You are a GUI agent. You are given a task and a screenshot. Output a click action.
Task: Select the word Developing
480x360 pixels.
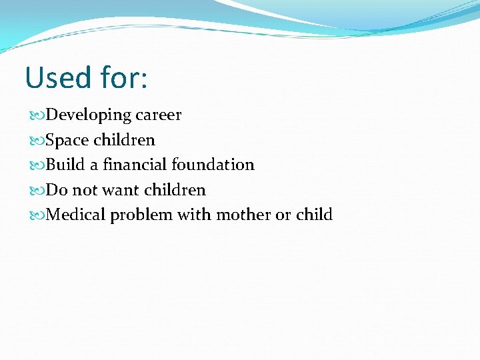point(89,115)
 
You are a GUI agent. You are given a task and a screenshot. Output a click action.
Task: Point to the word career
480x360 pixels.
point(158,115)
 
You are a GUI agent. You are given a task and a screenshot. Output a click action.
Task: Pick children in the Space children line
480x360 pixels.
point(124,140)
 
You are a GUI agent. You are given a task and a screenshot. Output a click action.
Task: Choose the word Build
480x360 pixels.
point(65,165)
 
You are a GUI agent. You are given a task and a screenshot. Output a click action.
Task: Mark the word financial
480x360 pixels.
point(135,165)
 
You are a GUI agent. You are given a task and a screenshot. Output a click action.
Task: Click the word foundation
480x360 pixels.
point(213,165)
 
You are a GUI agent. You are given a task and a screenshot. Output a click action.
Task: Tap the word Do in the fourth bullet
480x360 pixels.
point(57,190)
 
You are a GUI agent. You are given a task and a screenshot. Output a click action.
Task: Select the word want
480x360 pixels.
point(119,190)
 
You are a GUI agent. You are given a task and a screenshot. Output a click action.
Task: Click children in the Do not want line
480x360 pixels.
point(175,190)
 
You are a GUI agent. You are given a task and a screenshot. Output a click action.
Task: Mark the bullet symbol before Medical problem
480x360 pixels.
point(36,215)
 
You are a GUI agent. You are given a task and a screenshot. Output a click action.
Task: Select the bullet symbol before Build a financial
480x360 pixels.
point(36,165)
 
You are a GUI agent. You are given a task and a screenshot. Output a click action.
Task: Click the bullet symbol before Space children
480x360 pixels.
point(36,141)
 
